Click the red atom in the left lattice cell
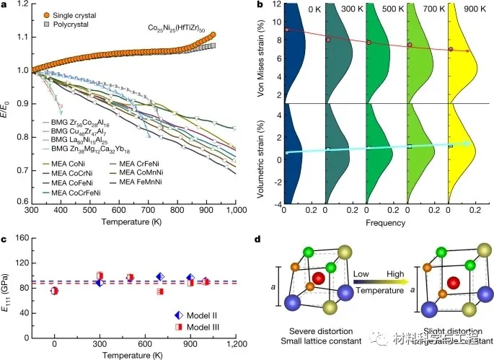[x=318, y=278]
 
